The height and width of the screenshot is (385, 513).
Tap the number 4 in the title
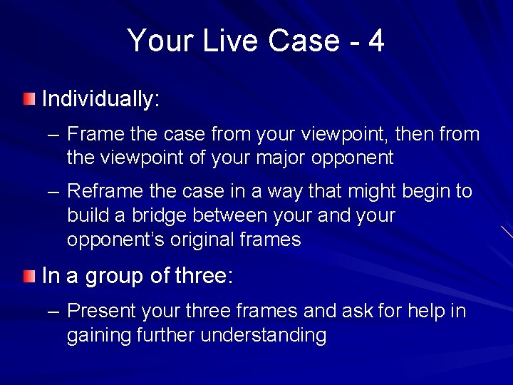(376, 41)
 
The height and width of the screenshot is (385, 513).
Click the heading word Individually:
(100, 99)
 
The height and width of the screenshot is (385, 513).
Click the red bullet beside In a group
(28, 275)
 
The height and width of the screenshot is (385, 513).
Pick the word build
(84, 215)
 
